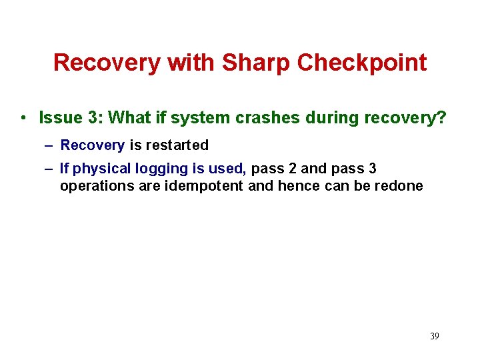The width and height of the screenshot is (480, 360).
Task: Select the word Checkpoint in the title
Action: (362, 63)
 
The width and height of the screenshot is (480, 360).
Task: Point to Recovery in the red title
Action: (107, 63)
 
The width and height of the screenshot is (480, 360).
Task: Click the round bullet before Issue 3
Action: (23, 119)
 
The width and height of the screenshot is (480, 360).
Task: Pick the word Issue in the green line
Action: (58, 118)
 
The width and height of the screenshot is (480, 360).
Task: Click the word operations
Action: (94, 186)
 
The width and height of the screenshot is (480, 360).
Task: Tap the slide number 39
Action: (434, 336)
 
